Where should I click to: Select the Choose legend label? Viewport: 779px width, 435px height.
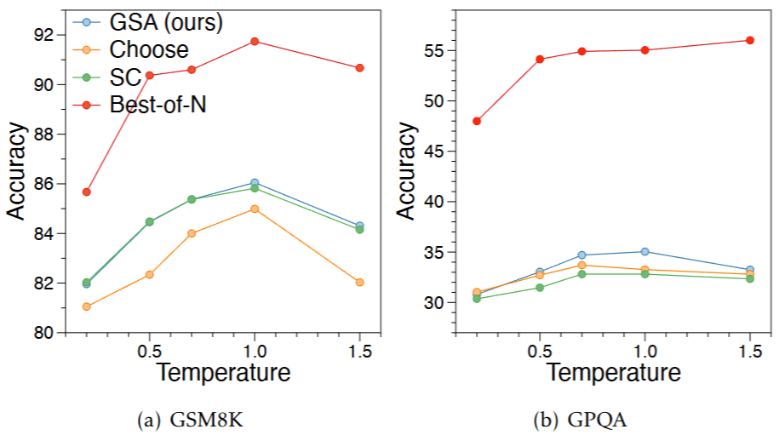(x=149, y=50)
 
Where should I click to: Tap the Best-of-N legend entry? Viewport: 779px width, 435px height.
(x=158, y=105)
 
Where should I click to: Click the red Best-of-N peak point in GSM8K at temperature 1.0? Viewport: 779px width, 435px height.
(x=255, y=41)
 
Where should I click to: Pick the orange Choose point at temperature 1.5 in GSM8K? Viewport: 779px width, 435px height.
(x=359, y=282)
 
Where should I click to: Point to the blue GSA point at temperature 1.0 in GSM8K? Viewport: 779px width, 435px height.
(x=255, y=183)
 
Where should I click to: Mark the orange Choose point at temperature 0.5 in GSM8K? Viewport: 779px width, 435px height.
(x=150, y=274)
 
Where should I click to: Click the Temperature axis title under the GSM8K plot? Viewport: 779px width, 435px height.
(x=223, y=372)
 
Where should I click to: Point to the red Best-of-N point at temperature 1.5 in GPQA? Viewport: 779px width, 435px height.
(x=750, y=40)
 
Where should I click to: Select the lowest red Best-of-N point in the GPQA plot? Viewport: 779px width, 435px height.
(x=477, y=121)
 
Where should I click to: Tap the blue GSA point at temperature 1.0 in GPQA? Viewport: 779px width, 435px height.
(x=644, y=251)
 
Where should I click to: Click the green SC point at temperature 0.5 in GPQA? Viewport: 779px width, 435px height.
(x=540, y=287)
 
